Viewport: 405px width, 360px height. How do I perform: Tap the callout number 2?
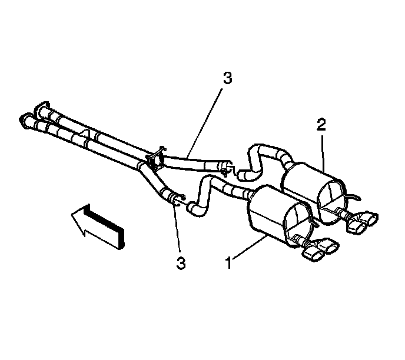pyautogui.click(x=320, y=125)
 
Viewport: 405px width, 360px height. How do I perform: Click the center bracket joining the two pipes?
pyautogui.click(x=154, y=158)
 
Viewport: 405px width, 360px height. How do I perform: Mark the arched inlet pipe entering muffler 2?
pyautogui.click(x=261, y=151)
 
